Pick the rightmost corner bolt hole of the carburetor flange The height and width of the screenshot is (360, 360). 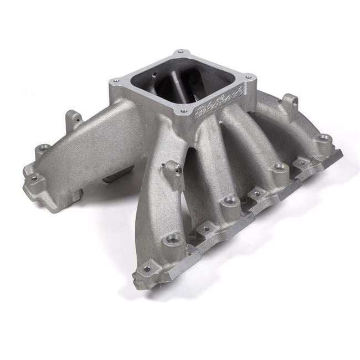[x=248, y=77]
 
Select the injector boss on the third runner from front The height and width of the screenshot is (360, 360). [x=280, y=167]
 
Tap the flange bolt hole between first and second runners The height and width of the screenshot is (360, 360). [x=207, y=228]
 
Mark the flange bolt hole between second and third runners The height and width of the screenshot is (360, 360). [x=256, y=194]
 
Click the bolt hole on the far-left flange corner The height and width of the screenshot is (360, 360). [x=34, y=178]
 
